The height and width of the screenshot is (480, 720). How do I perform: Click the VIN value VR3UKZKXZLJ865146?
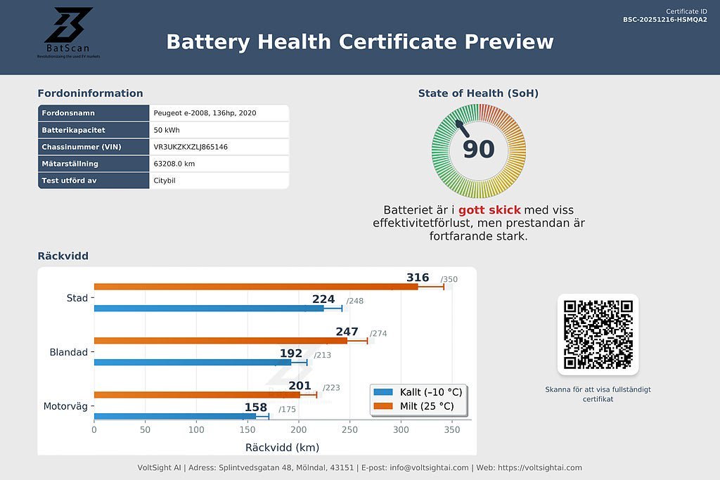point(191,147)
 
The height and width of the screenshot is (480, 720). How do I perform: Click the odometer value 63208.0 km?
point(174,164)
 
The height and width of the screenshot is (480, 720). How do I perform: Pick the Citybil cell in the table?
point(166,181)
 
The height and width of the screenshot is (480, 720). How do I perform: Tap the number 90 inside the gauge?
point(479,149)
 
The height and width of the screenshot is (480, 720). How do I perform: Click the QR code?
point(598,335)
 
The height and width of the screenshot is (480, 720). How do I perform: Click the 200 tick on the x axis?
point(299,429)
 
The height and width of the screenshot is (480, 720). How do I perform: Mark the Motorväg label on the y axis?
point(65,406)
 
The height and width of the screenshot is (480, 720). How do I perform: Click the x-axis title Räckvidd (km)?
point(282,448)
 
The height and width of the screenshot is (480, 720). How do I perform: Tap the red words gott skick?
point(489,210)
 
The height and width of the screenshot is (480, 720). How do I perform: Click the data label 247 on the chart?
point(347,332)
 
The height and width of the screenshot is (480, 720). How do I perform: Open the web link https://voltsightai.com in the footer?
point(540,467)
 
